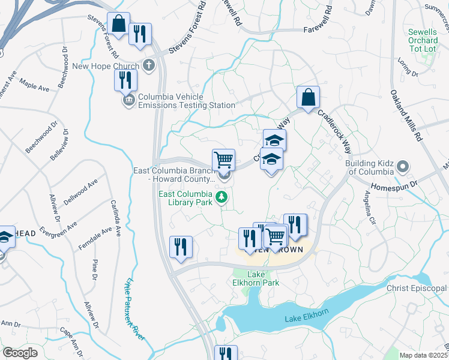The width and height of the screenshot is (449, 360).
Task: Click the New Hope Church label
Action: click(107, 66)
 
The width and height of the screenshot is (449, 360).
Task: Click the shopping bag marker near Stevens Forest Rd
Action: click(119, 25)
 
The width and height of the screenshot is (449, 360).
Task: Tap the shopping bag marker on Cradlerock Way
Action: click(308, 97)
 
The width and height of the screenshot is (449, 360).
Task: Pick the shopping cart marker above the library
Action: click(223, 160)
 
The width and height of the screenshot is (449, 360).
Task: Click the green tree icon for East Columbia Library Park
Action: click(223, 197)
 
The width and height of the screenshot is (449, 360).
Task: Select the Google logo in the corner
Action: click(20, 353)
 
